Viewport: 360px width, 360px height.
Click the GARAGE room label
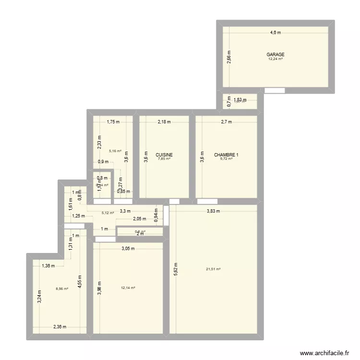click(276, 55)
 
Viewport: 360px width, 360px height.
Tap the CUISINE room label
click(164, 155)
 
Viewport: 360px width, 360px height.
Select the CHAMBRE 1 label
click(226, 155)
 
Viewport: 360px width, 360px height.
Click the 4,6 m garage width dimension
click(276, 33)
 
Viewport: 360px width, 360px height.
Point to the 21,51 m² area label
click(213, 269)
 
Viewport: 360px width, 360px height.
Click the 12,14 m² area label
click(128, 288)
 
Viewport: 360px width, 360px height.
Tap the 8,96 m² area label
click(62, 288)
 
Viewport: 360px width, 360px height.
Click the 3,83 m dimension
click(213, 211)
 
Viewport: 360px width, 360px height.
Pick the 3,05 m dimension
click(128, 249)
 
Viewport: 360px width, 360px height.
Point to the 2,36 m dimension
click(60, 327)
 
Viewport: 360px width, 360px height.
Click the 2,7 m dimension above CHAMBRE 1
click(226, 122)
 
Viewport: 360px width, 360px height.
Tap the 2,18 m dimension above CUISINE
click(164, 122)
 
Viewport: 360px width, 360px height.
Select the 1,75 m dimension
click(113, 122)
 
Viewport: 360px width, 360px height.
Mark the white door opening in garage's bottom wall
click(275, 90)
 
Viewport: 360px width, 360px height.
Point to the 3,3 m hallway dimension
click(125, 211)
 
